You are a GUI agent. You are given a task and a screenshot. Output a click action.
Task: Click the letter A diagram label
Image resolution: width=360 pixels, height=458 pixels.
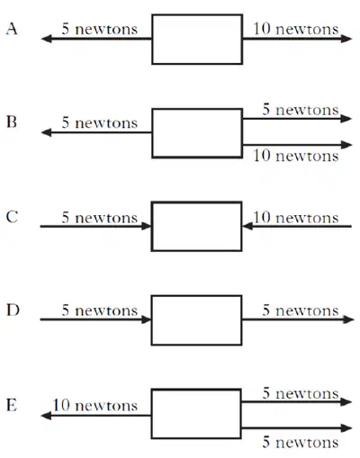tap(12, 30)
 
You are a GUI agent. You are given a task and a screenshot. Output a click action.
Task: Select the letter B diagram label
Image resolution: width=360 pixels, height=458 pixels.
tap(12, 122)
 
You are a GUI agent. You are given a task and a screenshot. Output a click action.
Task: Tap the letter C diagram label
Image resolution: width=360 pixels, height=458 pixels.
tap(12, 217)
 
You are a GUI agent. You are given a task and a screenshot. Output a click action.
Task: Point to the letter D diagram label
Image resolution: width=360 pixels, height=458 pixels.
tap(13, 310)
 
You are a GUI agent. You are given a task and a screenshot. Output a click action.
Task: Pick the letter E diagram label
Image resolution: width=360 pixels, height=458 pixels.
tap(12, 405)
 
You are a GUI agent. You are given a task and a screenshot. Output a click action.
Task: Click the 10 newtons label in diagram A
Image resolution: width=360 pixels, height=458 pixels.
tap(296, 29)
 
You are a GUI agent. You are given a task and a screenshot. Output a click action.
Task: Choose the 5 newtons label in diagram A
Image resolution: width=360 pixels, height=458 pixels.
tap(100, 29)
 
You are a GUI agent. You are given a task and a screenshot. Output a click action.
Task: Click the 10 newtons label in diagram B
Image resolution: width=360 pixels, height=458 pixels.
tap(296, 156)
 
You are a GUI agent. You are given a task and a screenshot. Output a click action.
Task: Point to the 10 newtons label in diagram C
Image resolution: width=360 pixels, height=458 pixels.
tap(296, 218)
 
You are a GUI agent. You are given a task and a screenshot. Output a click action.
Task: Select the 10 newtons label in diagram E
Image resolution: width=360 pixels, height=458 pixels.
tap(95, 406)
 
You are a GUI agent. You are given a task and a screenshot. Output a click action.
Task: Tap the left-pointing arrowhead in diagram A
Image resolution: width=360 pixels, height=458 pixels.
tap(47, 39)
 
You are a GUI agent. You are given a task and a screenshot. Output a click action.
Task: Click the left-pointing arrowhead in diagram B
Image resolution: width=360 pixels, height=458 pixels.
tap(47, 132)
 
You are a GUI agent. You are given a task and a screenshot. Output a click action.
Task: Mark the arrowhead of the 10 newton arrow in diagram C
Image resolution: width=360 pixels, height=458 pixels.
tap(247, 226)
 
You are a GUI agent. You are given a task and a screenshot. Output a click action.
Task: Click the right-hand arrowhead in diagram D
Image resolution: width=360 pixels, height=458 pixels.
tap(348, 319)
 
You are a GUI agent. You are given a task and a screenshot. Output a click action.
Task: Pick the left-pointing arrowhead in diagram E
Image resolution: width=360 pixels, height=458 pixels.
tap(46, 416)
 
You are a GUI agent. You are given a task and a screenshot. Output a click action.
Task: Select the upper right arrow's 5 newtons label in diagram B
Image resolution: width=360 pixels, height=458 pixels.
tap(301, 110)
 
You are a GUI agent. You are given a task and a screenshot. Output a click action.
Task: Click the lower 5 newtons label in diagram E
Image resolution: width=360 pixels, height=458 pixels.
tap(301, 443)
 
